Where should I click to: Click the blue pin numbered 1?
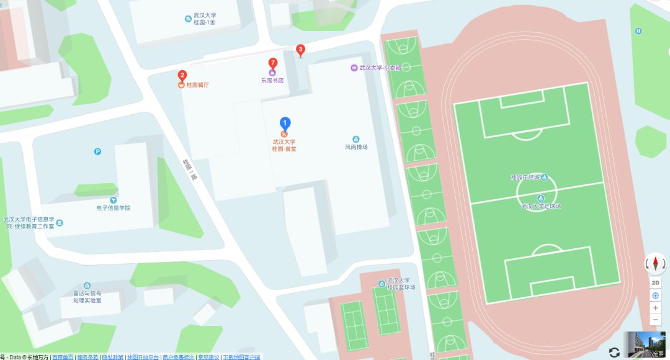click(285, 124)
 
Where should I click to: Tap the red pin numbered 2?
click(182, 76)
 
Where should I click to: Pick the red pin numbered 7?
click(272, 63)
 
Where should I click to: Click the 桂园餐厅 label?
click(195, 84)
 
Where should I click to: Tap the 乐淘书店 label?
click(272, 80)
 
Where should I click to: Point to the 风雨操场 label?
click(356, 147)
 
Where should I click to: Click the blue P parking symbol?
click(97, 151)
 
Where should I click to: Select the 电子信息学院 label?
click(113, 208)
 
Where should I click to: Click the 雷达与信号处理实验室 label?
click(87, 297)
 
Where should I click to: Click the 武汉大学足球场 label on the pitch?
click(540, 205)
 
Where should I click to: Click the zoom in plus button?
click(655, 308)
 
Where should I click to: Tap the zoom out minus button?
click(655, 320)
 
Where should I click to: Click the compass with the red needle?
click(655, 264)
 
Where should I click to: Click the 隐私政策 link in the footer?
click(112, 357)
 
